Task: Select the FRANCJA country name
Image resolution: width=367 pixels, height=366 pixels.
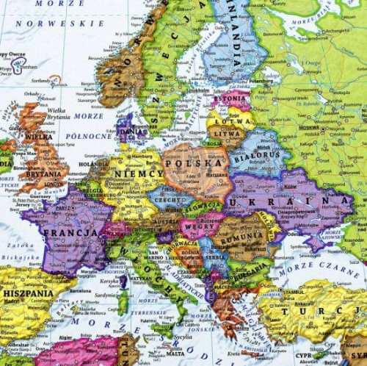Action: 70,233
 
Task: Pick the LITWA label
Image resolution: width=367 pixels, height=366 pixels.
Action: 225,134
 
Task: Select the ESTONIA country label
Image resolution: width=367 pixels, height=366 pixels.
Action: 230,97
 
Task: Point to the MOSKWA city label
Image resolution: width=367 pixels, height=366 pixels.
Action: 308,128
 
